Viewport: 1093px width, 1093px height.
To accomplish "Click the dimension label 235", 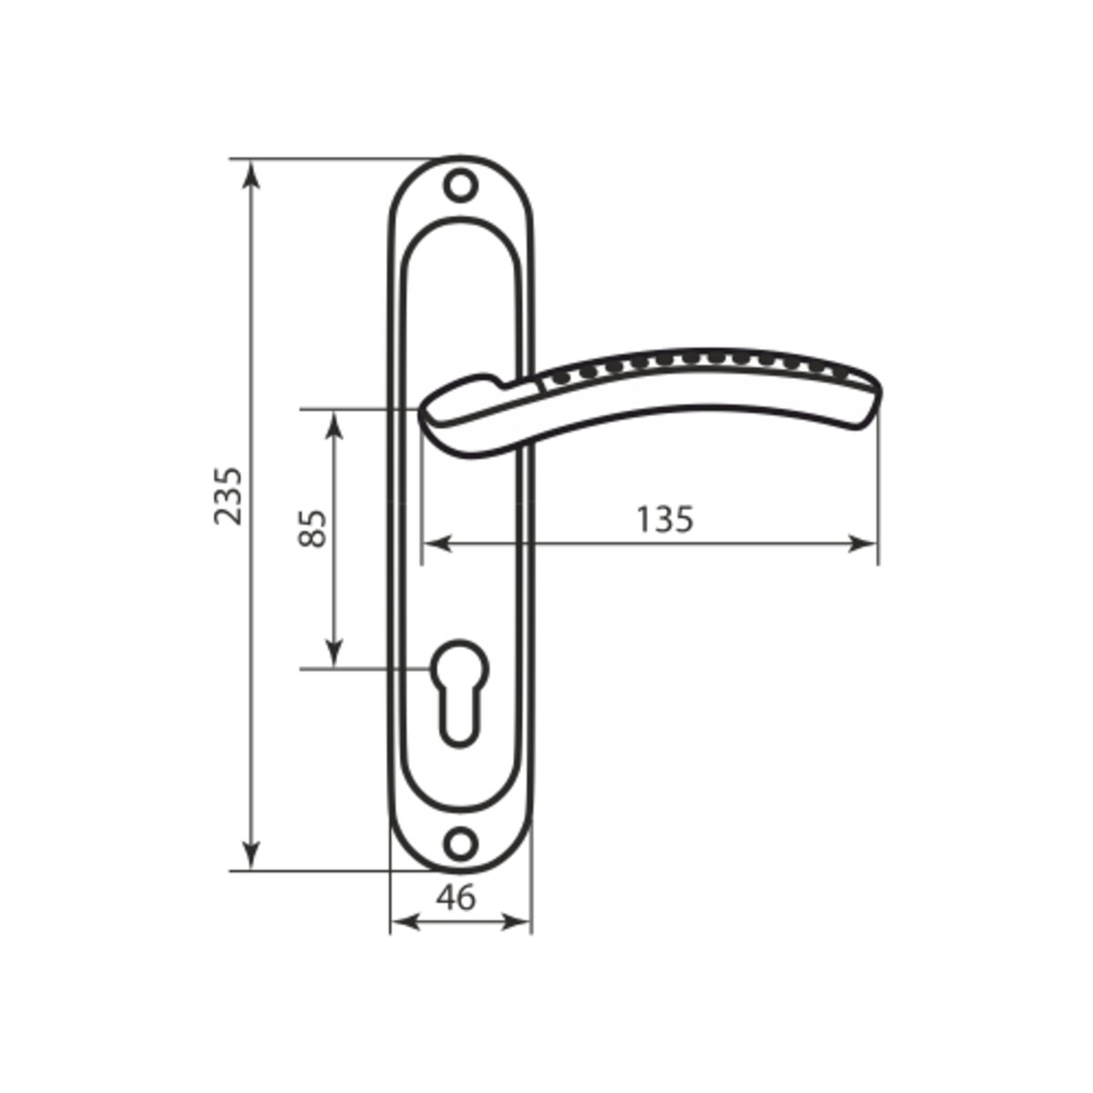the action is (x=229, y=495).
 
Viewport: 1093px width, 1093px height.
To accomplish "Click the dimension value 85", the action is (x=312, y=528).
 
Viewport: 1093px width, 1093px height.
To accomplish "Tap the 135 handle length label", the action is (x=665, y=519).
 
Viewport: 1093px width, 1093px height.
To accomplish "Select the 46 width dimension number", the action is (x=456, y=898).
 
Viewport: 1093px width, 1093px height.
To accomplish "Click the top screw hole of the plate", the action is (x=460, y=185).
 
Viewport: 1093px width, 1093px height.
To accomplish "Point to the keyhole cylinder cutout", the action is (x=459, y=693).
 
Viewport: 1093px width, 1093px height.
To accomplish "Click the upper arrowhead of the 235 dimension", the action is (x=251, y=175).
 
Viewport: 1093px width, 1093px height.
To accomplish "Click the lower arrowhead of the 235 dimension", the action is (x=251, y=854).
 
